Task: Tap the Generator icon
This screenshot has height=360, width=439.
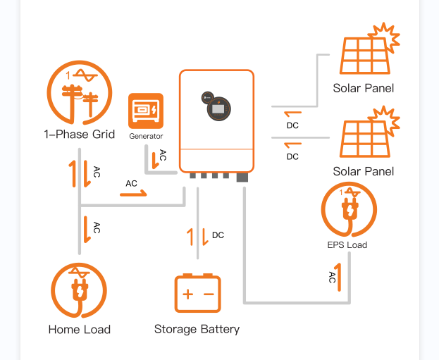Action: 146,111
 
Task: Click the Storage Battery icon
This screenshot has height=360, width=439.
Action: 197,293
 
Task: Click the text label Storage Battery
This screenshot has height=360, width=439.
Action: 197,329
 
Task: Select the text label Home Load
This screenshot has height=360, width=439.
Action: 80,329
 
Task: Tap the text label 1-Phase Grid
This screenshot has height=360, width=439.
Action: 80,135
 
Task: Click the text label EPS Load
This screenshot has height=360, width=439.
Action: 347,245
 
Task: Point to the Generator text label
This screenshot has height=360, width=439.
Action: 146,136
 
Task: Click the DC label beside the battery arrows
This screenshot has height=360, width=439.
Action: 218,235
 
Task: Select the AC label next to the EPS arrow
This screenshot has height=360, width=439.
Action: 332,278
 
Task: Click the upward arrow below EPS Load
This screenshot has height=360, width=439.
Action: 340,277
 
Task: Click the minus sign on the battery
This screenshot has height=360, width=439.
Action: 208,294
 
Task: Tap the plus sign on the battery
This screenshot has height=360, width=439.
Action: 187,294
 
